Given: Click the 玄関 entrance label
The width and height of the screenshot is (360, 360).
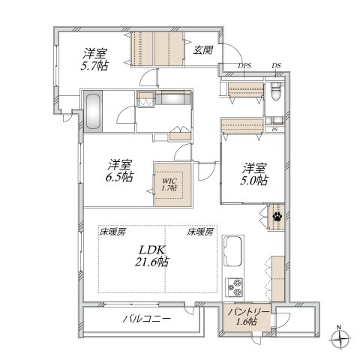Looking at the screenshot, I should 202,50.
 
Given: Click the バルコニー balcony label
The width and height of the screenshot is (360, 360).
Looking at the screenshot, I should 146,319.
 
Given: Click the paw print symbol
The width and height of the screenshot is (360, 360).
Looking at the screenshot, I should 277,218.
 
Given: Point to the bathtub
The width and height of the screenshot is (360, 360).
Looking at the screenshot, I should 93,112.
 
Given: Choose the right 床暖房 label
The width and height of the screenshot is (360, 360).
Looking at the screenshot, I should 200,231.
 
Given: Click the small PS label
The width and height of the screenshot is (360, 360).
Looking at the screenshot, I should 275,130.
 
